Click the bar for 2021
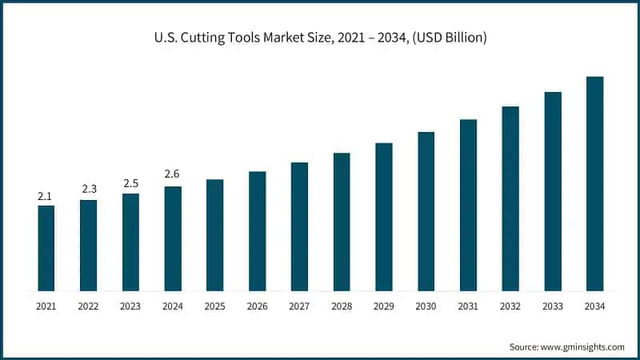tap(46, 248)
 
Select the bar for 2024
tap(173, 238)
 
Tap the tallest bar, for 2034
tap(594, 184)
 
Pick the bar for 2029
tap(384, 217)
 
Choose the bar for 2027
tap(299, 226)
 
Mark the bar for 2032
tap(510, 198)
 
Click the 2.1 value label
tap(46, 196)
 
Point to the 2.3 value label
tap(88, 189)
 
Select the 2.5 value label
tap(130, 183)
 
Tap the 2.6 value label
tap(173, 174)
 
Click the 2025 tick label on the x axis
tap(214, 306)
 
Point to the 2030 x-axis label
tap(426, 306)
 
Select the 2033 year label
tap(552, 306)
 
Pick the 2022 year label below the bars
tap(88, 306)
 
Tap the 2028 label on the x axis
tap(342, 306)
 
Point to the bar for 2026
tap(257, 231)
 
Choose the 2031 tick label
tap(468, 306)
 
